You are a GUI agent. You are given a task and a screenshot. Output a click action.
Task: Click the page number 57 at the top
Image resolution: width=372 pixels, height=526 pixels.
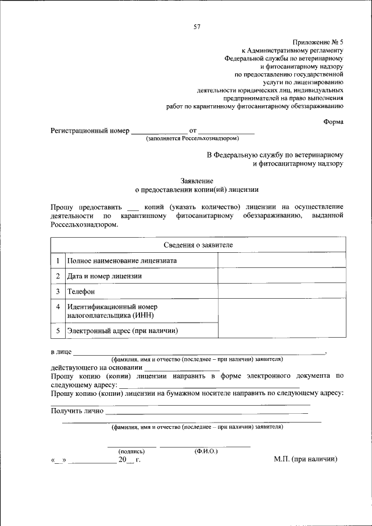click(x=197, y=26)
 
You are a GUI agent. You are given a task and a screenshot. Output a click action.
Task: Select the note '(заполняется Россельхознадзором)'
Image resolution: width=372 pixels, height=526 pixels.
click(x=192, y=138)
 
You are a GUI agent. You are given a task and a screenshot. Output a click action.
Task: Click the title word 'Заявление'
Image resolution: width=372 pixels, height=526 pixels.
click(x=196, y=180)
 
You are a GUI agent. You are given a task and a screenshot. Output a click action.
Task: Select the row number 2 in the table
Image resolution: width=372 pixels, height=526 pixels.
click(x=58, y=276)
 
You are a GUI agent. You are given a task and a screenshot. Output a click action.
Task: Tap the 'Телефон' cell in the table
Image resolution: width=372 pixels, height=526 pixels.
click(x=81, y=291)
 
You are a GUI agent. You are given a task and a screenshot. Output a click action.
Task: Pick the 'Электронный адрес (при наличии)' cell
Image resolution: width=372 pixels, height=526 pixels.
click(x=122, y=331)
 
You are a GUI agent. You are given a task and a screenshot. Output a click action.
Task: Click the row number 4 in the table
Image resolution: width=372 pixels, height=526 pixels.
click(x=58, y=306)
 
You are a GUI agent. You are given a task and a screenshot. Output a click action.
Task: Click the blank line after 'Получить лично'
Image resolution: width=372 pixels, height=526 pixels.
click(x=206, y=412)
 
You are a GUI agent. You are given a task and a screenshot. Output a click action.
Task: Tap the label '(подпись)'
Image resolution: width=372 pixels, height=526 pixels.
click(x=131, y=450)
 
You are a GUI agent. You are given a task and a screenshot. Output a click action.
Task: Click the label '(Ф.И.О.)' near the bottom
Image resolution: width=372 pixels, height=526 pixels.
click(x=206, y=450)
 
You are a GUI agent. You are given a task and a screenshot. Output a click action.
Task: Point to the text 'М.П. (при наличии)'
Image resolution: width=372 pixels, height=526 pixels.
click(x=306, y=459)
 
